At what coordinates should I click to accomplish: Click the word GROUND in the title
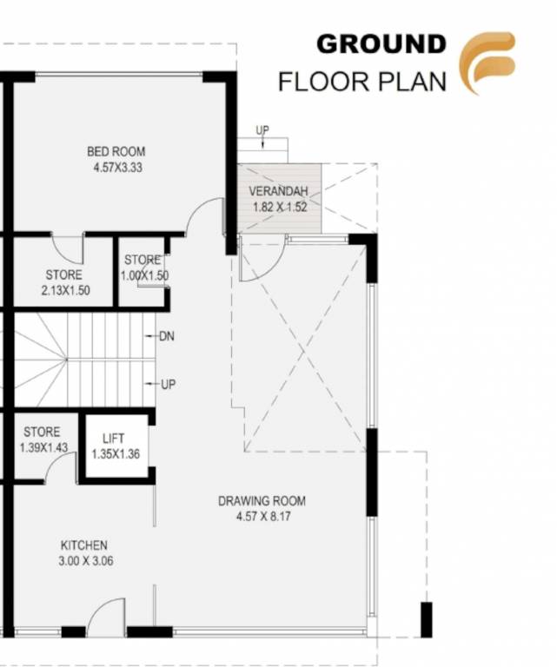(x=381, y=43)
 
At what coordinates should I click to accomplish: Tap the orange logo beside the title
(x=487, y=63)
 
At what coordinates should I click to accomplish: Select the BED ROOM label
(x=116, y=152)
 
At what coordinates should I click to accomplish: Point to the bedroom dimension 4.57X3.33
(x=116, y=168)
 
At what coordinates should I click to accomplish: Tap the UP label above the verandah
(x=262, y=130)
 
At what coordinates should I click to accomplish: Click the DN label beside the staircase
(x=167, y=336)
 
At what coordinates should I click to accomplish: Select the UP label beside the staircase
(x=169, y=384)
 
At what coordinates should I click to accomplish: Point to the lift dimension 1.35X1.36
(x=116, y=452)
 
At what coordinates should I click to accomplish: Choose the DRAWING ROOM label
(x=262, y=501)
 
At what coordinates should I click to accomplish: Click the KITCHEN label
(x=84, y=545)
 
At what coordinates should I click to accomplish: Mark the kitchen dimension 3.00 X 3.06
(x=85, y=561)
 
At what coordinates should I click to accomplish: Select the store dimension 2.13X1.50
(x=64, y=291)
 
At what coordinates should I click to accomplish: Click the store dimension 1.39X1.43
(x=43, y=448)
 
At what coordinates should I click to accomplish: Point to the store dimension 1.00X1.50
(x=144, y=275)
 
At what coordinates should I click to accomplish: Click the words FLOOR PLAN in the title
(x=361, y=82)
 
